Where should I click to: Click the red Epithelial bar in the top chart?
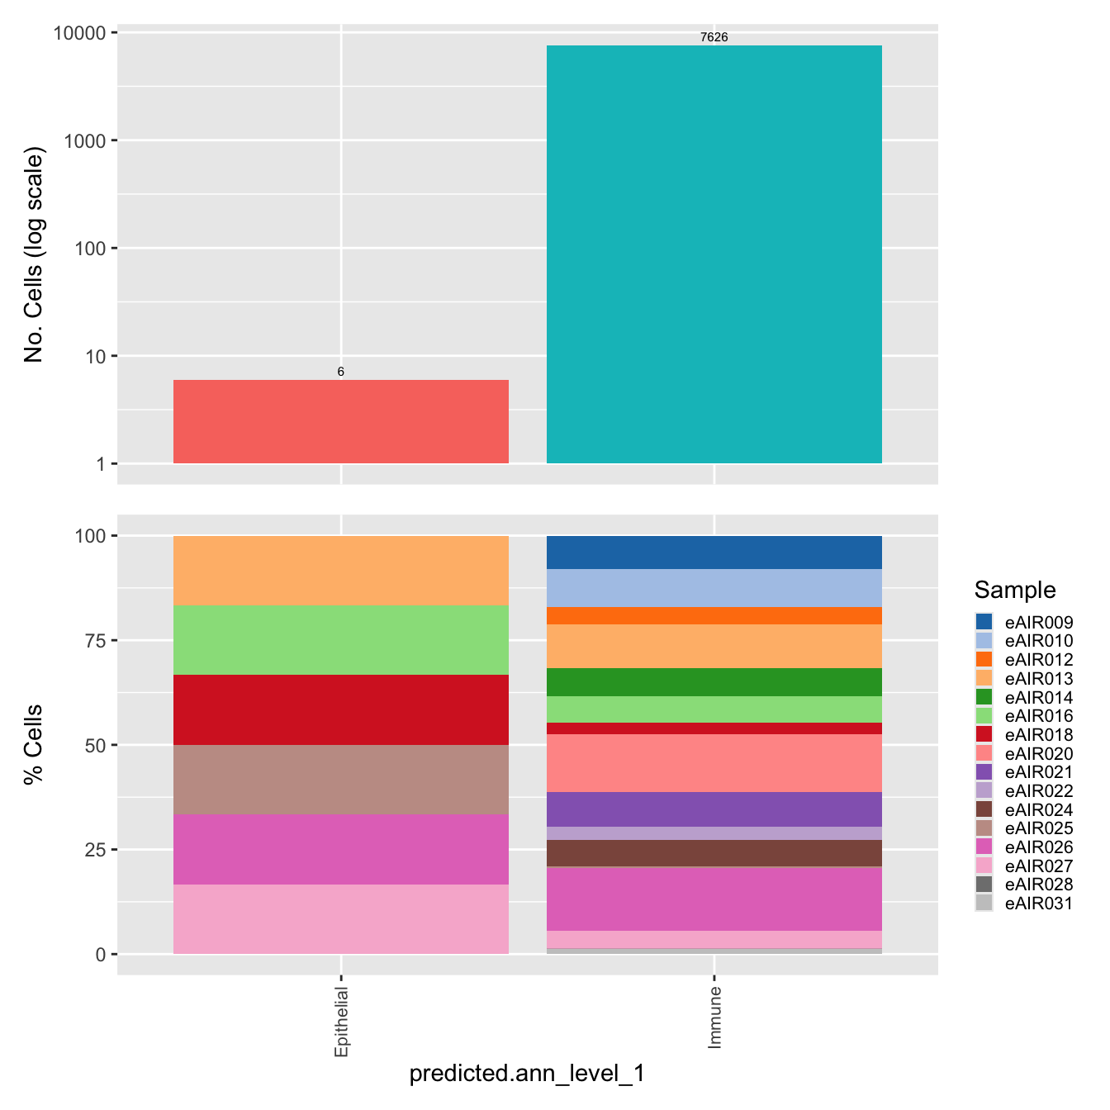point(340,421)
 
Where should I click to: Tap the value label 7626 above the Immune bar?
point(714,37)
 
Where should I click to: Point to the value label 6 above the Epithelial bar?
point(340,372)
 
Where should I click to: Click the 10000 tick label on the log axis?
point(79,33)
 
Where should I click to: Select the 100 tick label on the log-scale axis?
point(91,249)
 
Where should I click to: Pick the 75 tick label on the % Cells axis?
point(96,641)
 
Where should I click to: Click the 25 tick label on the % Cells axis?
point(96,850)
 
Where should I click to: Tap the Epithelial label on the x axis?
point(341,1022)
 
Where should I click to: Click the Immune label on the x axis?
point(714,1017)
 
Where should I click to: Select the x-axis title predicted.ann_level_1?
point(527,1073)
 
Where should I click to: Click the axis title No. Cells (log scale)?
point(33,254)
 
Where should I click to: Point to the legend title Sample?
point(1015,590)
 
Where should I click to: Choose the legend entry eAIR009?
point(1024,622)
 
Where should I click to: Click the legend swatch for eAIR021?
point(984,772)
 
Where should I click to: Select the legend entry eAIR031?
point(1024,904)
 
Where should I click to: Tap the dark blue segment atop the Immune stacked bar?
point(714,553)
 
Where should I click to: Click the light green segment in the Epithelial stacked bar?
point(340,640)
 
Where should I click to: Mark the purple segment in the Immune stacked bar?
point(714,809)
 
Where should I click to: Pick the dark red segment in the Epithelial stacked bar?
point(340,709)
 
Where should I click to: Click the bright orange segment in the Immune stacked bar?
point(714,616)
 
